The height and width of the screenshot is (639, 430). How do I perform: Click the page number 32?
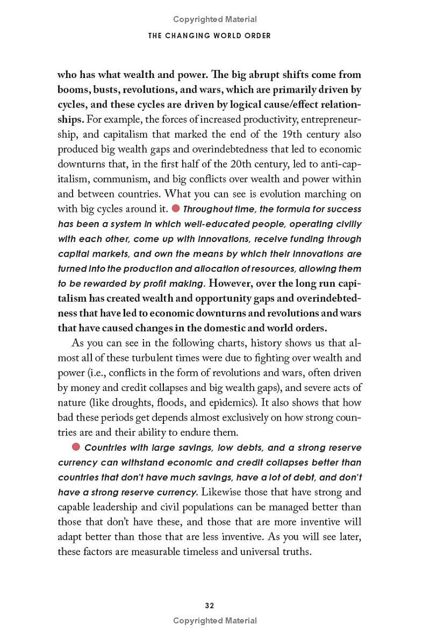click(x=210, y=605)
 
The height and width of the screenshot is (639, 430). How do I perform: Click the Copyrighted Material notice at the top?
click(x=215, y=19)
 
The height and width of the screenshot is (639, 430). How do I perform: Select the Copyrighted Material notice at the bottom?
click(x=215, y=621)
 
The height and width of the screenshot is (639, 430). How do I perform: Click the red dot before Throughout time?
click(x=175, y=208)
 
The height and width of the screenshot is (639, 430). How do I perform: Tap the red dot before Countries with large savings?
click(x=76, y=447)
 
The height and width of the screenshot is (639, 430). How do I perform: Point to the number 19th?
click(x=291, y=134)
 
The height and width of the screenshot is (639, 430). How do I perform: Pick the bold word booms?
click(x=73, y=89)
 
